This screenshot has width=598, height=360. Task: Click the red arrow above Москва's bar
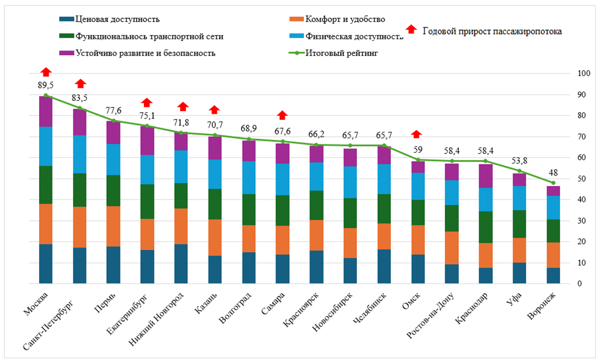pyautogui.click(x=45, y=72)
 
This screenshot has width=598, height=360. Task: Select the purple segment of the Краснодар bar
pyautogui.click(x=485, y=176)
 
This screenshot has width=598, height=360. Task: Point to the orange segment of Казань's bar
pyautogui.click(x=214, y=237)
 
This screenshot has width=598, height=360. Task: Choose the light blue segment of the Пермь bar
pyautogui.click(x=113, y=159)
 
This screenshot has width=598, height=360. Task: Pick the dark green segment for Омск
pyautogui.click(x=418, y=213)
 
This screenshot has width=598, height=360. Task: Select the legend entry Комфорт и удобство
pyautogui.click(x=344, y=19)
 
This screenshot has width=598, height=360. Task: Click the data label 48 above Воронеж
pyautogui.click(x=553, y=173)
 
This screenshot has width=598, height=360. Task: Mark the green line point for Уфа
pyautogui.click(x=519, y=171)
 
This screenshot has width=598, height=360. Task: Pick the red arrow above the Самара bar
pyautogui.click(x=282, y=115)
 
